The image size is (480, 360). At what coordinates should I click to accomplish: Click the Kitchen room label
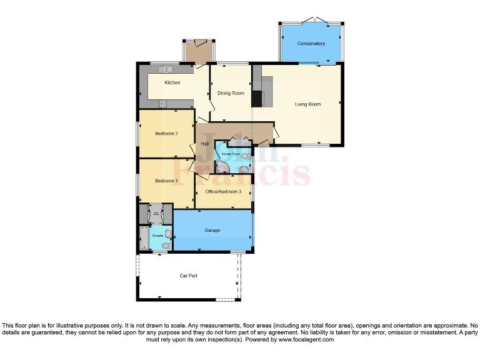click(x=172, y=82)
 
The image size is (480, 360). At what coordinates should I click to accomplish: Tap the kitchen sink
click(x=167, y=69)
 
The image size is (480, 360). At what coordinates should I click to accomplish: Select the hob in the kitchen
click(x=162, y=103)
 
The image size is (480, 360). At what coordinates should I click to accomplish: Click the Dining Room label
click(x=231, y=93)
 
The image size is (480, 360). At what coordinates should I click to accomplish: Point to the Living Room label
click(x=307, y=104)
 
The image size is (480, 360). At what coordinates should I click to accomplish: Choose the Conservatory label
click(x=311, y=44)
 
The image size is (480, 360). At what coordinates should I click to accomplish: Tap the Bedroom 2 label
click(x=167, y=133)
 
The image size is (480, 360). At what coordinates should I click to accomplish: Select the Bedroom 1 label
click(x=166, y=181)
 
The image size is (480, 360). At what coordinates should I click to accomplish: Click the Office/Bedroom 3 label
click(x=223, y=191)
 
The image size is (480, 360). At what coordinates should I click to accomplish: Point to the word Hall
click(x=204, y=144)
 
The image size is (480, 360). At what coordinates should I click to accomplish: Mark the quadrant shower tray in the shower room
click(x=222, y=167)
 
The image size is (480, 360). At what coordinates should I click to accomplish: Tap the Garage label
click(x=212, y=231)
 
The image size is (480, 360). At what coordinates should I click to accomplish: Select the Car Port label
click(x=189, y=276)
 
